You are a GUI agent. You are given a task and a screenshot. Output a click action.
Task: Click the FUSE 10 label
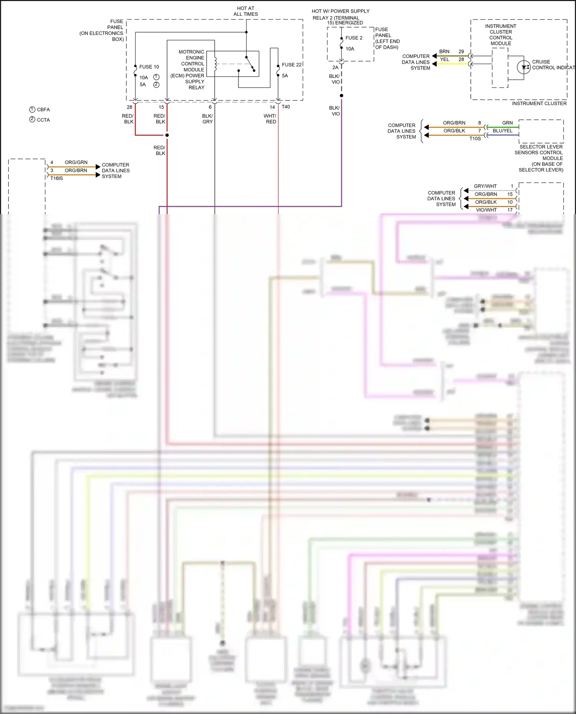tap(149, 67)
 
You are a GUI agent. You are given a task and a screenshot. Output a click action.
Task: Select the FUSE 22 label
tap(291, 65)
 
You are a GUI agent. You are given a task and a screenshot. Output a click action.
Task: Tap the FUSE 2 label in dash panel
tap(354, 38)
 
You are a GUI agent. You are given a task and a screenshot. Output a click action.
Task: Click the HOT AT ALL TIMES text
tap(246, 11)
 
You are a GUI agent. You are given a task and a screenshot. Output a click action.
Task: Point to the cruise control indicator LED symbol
tap(524, 68)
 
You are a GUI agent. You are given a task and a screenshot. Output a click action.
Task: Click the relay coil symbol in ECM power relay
tap(215, 64)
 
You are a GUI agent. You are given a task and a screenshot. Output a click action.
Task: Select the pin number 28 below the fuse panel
tap(129, 107)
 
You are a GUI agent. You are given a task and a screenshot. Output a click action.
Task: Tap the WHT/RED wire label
tap(270, 119)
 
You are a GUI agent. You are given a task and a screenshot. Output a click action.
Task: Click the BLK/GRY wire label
tap(207, 119)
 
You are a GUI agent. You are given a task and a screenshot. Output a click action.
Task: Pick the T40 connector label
tap(286, 107)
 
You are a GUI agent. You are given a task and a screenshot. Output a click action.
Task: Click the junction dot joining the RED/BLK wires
tap(167, 135)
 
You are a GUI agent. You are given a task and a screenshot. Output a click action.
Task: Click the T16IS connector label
tap(56, 178)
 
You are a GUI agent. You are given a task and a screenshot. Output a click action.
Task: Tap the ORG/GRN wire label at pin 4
tap(76, 163)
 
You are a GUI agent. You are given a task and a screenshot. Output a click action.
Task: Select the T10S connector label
tap(475, 139)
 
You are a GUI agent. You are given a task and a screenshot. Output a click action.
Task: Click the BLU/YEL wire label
tap(502, 131)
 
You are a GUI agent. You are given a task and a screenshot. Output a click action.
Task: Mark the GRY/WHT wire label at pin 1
tap(485, 186)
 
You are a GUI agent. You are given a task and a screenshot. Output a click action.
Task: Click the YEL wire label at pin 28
tap(444, 59)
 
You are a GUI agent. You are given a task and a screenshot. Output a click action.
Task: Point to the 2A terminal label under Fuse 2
tap(335, 68)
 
